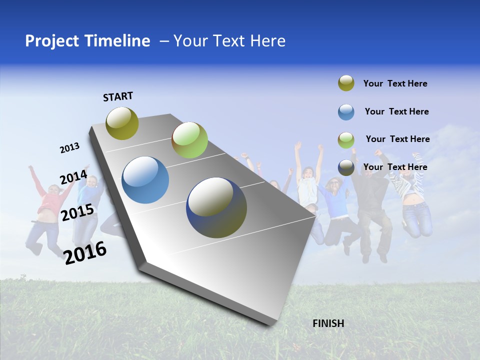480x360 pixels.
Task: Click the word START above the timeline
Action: pos(118,96)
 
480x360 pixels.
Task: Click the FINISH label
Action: pos(328,323)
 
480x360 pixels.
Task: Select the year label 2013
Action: pos(69,148)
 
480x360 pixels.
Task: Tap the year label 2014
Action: pos(73,177)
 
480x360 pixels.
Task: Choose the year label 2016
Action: pos(85,253)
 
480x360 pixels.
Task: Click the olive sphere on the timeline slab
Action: pos(122,123)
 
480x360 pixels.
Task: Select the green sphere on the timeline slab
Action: pos(189,140)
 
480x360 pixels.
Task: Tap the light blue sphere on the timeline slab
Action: pos(145,180)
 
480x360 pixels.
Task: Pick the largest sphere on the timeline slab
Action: pos(216,207)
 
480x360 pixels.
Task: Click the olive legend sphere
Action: pos(346,83)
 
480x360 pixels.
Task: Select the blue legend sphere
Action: pos(346,112)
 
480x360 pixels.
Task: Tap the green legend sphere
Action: pos(346,139)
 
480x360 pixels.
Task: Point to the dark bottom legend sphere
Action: pos(346,167)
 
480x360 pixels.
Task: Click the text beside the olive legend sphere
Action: pos(395,83)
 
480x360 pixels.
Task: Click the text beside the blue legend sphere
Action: pos(396,111)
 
